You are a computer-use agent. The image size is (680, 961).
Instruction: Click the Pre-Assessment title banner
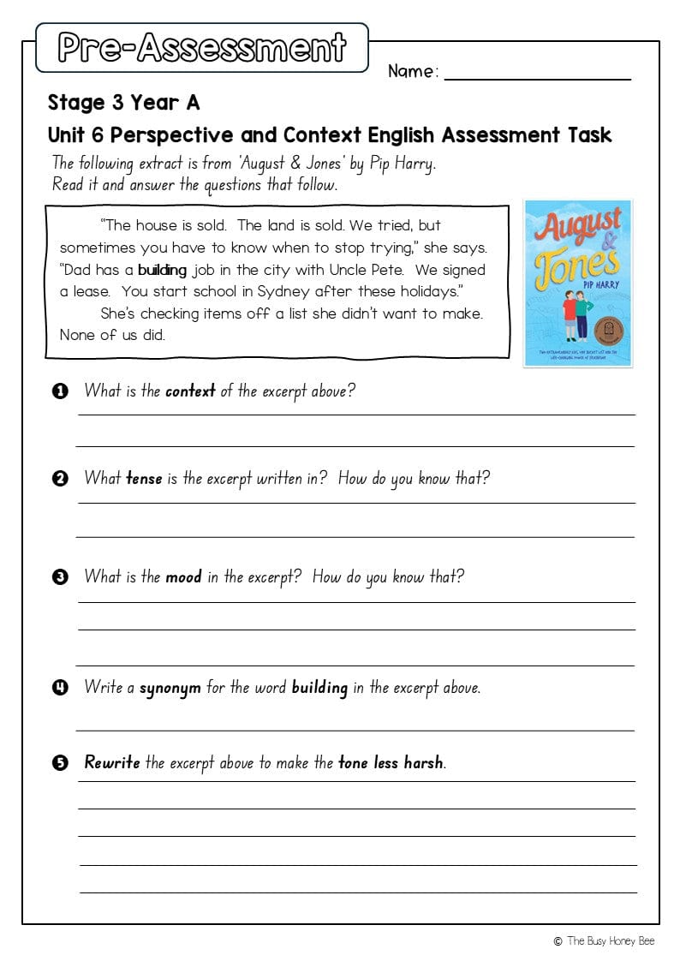click(202, 48)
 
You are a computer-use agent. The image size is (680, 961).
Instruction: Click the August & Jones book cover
click(578, 283)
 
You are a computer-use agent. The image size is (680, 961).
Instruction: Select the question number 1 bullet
click(60, 391)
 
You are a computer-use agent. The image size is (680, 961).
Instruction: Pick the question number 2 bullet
click(60, 479)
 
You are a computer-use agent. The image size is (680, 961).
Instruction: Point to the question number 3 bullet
click(60, 576)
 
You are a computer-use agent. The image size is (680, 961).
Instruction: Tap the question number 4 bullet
click(60, 688)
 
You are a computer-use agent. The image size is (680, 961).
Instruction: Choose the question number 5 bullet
click(60, 763)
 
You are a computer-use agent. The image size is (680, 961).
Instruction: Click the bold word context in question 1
click(190, 391)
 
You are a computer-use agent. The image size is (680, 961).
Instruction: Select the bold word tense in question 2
click(144, 479)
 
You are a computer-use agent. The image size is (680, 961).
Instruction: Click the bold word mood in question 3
click(183, 576)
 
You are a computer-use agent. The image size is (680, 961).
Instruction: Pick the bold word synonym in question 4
click(170, 688)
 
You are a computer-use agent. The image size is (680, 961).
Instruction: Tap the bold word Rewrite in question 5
click(111, 762)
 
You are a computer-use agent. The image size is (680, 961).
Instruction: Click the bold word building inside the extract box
click(162, 270)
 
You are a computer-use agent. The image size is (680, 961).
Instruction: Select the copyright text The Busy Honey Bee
click(610, 940)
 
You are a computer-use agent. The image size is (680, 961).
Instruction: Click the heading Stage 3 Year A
click(123, 104)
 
